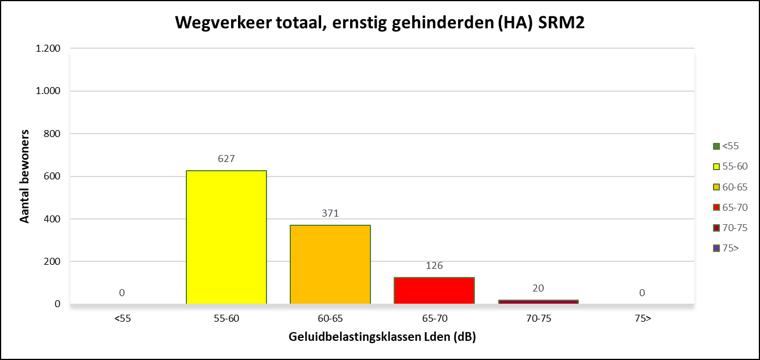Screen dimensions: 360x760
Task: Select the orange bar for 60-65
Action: click(330, 264)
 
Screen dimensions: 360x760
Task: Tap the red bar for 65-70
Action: click(434, 290)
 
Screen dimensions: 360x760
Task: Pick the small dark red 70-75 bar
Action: click(538, 301)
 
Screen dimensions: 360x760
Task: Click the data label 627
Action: click(226, 159)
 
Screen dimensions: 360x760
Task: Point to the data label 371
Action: click(330, 213)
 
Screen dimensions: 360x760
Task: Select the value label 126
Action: click(434, 265)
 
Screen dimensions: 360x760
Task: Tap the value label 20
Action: click(538, 288)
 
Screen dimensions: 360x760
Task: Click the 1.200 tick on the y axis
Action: click(48, 49)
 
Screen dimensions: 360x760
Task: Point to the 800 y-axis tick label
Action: click(53, 134)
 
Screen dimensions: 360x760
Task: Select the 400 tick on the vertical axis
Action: click(53, 219)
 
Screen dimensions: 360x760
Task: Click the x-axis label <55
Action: click(122, 318)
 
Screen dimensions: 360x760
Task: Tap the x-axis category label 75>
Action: click(642, 318)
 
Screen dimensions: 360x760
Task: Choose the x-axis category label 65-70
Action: click(434, 318)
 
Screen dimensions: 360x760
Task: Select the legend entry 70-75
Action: click(730, 228)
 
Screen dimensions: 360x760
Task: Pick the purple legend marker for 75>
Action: click(716, 248)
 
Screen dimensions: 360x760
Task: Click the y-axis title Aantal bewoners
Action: click(25, 177)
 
